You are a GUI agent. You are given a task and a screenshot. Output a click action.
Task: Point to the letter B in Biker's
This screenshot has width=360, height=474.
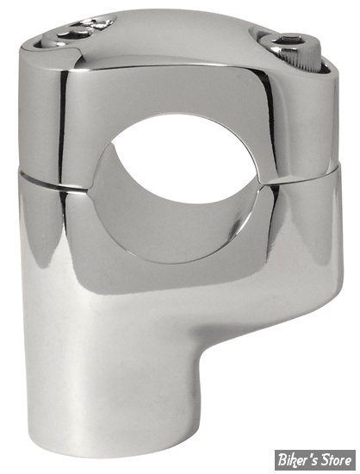click(x=282, y=461)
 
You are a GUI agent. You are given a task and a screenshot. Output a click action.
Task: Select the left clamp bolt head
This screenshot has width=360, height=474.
click(x=79, y=30)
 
